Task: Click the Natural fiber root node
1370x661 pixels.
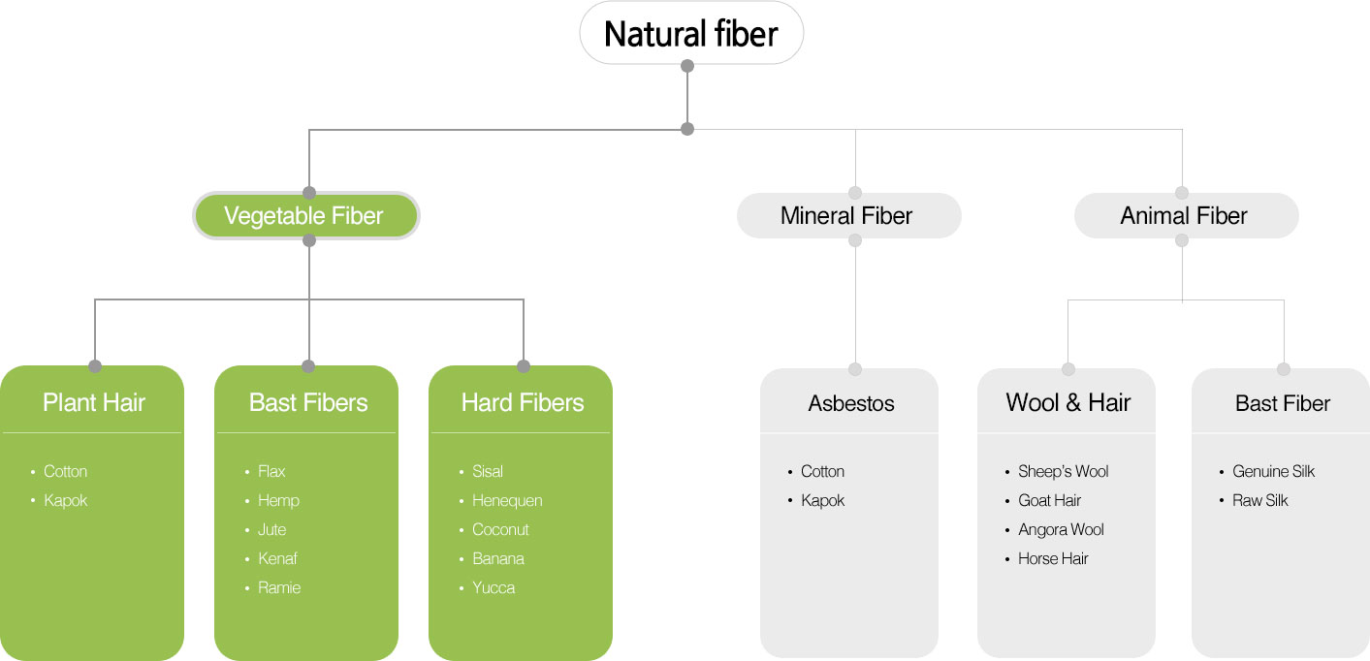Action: tap(691, 33)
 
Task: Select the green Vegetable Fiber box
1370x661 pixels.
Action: tap(305, 216)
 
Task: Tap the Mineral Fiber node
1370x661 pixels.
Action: tap(849, 216)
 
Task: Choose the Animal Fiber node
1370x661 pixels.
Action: tap(1187, 216)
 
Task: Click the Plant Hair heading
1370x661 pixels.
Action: tap(94, 402)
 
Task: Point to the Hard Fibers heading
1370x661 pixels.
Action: tap(523, 402)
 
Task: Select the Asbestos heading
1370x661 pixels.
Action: tap(850, 403)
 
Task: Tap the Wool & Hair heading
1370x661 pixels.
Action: tap(1067, 402)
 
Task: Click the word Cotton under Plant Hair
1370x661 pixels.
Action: tap(65, 471)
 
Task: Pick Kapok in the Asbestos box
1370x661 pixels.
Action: tap(822, 501)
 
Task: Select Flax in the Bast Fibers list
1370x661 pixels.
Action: tap(271, 471)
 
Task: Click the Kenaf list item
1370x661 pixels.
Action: tap(277, 559)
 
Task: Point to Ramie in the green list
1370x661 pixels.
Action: tap(279, 588)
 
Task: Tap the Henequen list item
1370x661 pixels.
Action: tap(507, 501)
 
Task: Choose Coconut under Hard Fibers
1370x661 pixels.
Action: tap(500, 529)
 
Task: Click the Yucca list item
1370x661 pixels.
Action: tap(494, 588)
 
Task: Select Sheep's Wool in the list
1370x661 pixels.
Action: tap(1063, 471)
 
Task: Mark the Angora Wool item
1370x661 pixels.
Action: tap(1061, 530)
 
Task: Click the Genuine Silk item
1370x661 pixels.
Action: tap(1273, 471)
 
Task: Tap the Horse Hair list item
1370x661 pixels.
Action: tap(1053, 559)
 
